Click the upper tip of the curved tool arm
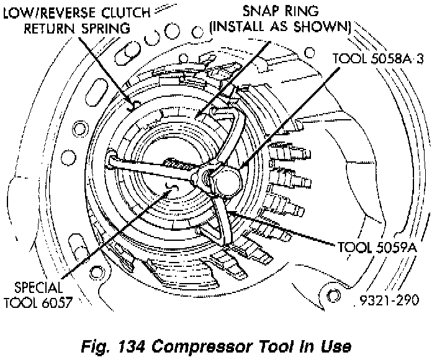pos(218,110)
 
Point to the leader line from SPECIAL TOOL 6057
pos(112,236)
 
